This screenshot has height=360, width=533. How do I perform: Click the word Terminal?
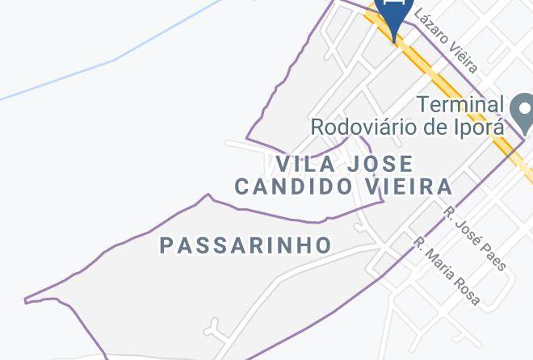coord(460,104)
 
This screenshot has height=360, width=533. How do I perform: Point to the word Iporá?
coord(480,127)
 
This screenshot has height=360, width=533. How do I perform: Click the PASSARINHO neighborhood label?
coord(246,245)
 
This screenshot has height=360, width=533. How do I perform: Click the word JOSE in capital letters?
coord(380,164)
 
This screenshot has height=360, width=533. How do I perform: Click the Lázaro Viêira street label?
coord(447,40)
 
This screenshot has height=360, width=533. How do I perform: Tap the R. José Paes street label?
coord(476,238)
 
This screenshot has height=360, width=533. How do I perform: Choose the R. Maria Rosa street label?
coord(447,271)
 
